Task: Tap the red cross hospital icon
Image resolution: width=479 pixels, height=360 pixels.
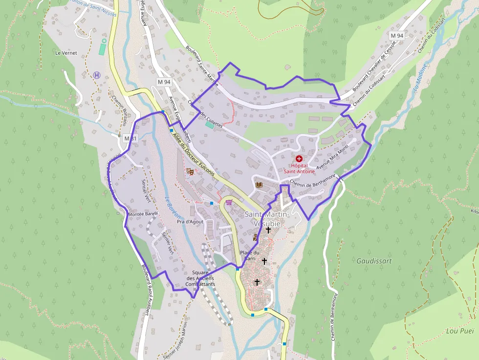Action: pyautogui.click(x=299, y=159)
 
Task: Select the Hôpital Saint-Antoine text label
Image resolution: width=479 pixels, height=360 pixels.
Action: pyautogui.click(x=299, y=169)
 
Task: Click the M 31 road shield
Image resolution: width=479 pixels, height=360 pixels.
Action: pyautogui.click(x=131, y=138)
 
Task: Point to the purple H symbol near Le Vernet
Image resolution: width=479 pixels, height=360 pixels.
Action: pyautogui.click(x=97, y=75)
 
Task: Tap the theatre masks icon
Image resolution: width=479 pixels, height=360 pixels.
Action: pyautogui.click(x=190, y=171)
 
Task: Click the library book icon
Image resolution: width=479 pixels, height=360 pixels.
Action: pyautogui.click(x=259, y=185)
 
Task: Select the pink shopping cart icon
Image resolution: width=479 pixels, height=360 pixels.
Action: pyautogui.click(x=229, y=203)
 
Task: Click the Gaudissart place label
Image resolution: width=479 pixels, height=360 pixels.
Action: pyautogui.click(x=374, y=261)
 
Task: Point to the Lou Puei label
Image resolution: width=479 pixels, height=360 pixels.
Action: pyautogui.click(x=460, y=331)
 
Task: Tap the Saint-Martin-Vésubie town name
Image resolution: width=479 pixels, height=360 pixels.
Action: pyautogui.click(x=267, y=219)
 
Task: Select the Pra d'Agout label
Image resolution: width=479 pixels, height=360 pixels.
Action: pyautogui.click(x=190, y=222)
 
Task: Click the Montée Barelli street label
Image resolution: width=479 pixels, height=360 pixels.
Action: pyautogui.click(x=143, y=214)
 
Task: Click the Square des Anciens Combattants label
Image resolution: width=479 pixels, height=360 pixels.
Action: pyautogui.click(x=200, y=278)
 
